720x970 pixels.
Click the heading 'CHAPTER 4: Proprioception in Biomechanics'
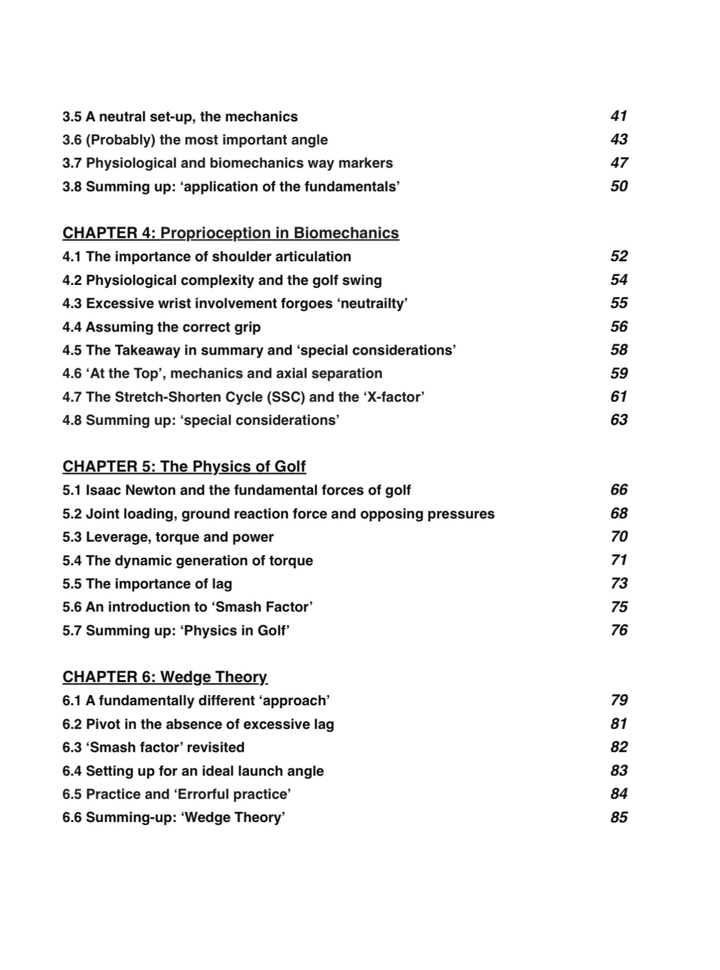click(x=230, y=233)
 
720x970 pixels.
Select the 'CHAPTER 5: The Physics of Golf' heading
click(x=184, y=466)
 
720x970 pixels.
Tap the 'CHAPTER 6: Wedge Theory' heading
click(x=165, y=677)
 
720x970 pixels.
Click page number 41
click(x=618, y=116)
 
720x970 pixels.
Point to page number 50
click(x=618, y=186)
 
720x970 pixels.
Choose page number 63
click(x=618, y=420)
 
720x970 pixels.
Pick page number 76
click(x=618, y=630)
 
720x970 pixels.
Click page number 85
click(x=618, y=817)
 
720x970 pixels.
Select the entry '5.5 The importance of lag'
click(x=147, y=584)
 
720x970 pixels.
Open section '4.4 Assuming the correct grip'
click(x=161, y=327)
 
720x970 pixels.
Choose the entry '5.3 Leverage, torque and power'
click(x=168, y=537)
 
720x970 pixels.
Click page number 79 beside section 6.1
click(x=618, y=700)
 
